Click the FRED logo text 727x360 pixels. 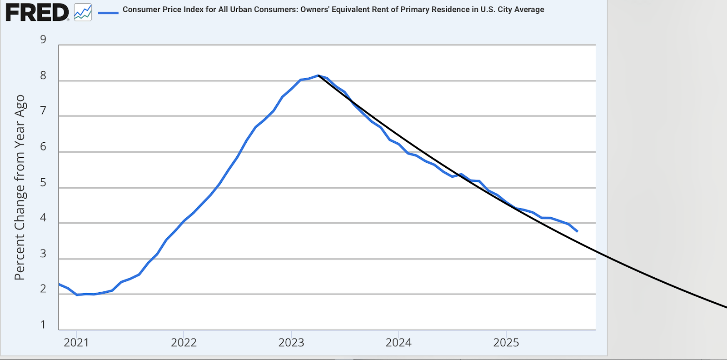pyautogui.click(x=36, y=12)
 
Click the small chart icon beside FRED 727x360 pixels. pyautogui.click(x=83, y=12)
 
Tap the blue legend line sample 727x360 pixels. pyautogui.click(x=108, y=13)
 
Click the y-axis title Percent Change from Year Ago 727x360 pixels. pyautogui.click(x=20, y=187)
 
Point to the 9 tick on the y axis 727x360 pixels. pyautogui.click(x=43, y=40)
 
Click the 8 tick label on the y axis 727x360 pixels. pyautogui.click(x=43, y=75)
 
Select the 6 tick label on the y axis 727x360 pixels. pyautogui.click(x=43, y=146)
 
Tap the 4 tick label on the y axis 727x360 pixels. pyautogui.click(x=43, y=218)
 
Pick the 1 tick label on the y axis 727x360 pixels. pyautogui.click(x=43, y=325)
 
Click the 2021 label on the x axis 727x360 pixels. pyautogui.click(x=76, y=343)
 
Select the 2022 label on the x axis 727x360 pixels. pyautogui.click(x=184, y=343)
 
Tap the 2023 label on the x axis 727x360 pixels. pyautogui.click(x=291, y=343)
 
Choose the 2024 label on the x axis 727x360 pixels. pyautogui.click(x=398, y=343)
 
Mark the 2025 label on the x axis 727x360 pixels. pyautogui.click(x=506, y=343)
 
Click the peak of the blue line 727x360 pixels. pyautogui.click(x=318, y=75)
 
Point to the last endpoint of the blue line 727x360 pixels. pyautogui.click(x=577, y=231)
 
